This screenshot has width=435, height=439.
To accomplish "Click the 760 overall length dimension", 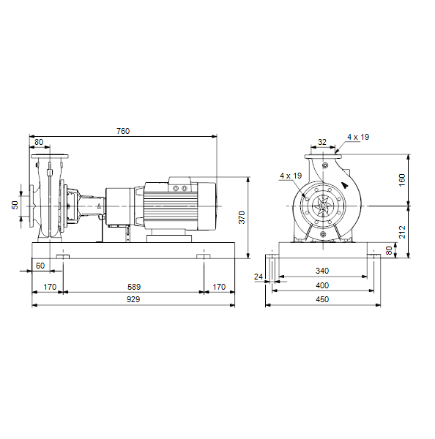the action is [x=123, y=131].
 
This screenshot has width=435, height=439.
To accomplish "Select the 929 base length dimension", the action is [x=133, y=299].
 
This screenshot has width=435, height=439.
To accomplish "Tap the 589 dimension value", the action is [x=134, y=287].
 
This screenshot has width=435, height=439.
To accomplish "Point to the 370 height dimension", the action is [x=242, y=217].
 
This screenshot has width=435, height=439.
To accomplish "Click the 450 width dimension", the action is [x=322, y=299].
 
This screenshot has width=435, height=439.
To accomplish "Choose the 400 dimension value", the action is [x=322, y=285].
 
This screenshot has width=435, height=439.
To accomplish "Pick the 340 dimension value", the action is [x=322, y=271].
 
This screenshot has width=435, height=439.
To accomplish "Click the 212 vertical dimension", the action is [x=402, y=232].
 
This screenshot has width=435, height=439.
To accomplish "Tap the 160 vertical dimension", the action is [x=402, y=180].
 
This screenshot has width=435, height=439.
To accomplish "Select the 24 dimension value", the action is [x=259, y=277].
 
